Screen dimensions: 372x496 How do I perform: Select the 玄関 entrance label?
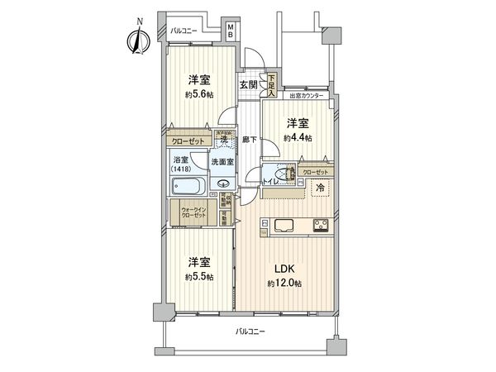[249, 84]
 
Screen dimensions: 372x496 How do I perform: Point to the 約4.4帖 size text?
[298, 137]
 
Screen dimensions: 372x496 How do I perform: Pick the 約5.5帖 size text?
[199, 276]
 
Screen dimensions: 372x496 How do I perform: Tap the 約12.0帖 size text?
[285, 284]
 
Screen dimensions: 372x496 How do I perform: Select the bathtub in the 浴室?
[189, 186]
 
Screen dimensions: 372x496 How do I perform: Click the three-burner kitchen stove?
[321, 225]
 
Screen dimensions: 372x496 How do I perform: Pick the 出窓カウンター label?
[307, 97]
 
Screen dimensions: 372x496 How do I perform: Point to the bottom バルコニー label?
[249, 331]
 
